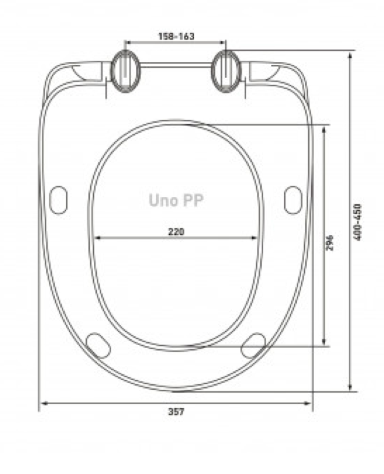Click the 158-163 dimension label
tap(176, 36)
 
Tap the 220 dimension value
tap(176, 232)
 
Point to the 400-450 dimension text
tap(357, 222)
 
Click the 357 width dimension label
tap(176, 412)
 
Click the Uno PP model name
tap(176, 200)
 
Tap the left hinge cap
tap(125, 71)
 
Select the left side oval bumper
tap(58, 200)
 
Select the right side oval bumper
tap(293, 200)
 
